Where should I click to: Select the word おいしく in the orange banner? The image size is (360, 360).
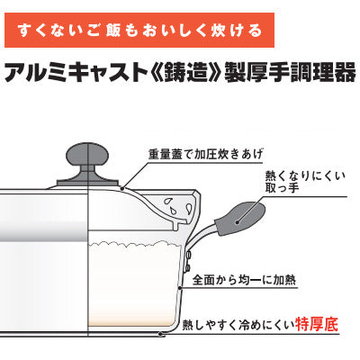[184, 31]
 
